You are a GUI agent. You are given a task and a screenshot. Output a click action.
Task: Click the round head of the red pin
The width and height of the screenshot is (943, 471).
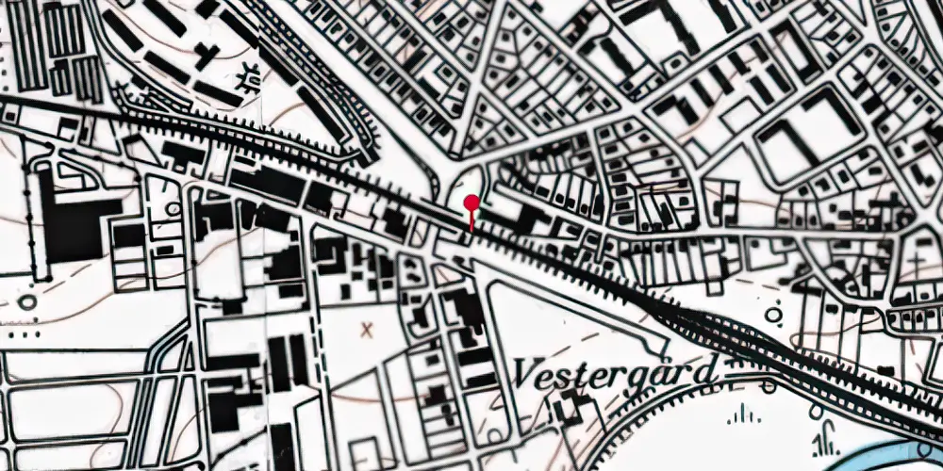click(x=471, y=202)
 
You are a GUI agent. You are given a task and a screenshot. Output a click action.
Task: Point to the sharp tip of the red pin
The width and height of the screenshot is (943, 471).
click(x=471, y=230)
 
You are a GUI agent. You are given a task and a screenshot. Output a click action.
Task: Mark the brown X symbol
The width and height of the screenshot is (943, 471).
click(x=367, y=330)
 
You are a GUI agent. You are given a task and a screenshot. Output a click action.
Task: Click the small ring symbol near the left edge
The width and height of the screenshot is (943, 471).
click(x=26, y=302)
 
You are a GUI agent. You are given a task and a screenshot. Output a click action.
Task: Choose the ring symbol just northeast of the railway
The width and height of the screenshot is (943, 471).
click(x=775, y=315)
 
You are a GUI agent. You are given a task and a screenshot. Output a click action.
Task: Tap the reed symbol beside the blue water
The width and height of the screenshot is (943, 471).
click(x=829, y=441)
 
